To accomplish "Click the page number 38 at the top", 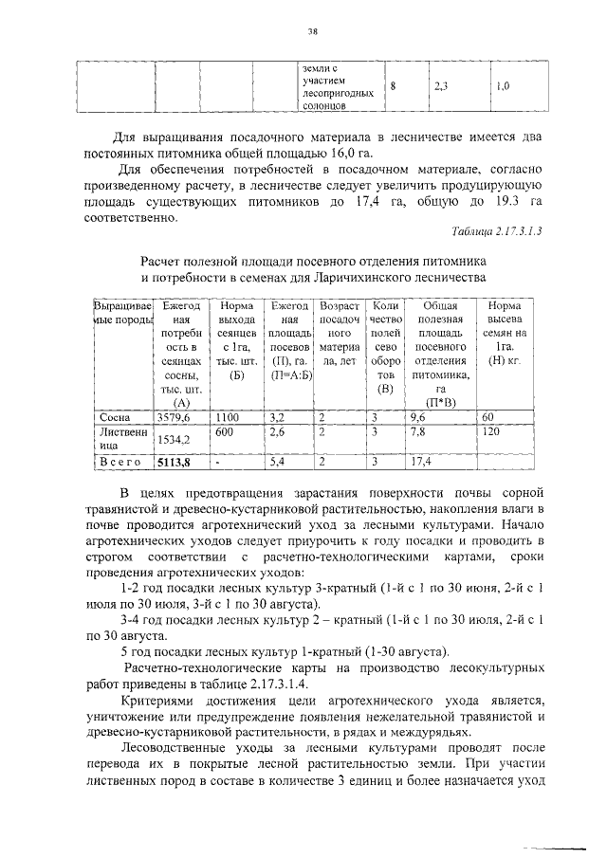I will click(311, 30).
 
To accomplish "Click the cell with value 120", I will click(491, 431).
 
